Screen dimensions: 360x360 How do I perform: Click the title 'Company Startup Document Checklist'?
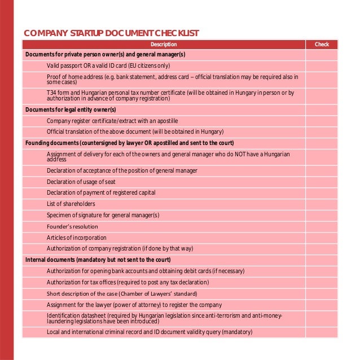pos(111,33)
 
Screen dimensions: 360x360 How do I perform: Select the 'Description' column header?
pos(164,45)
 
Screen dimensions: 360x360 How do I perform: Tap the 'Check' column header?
pos(322,45)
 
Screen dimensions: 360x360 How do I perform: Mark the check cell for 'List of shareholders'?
pos(322,204)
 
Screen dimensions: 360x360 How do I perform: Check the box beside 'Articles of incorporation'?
pos(322,238)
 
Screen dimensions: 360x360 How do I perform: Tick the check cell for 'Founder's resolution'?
pos(322,226)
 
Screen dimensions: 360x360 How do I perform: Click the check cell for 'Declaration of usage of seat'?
pos(322,182)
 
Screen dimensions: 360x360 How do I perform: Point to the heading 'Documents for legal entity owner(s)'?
pos(71,109)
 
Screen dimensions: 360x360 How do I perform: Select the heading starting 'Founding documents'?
pos(130,143)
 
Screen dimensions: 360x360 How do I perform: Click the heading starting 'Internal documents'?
pos(98,260)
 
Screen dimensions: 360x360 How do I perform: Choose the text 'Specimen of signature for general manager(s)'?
pos(103,215)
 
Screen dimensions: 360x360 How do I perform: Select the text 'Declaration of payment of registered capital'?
pos(101,192)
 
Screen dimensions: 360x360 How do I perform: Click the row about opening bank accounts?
pos(146,271)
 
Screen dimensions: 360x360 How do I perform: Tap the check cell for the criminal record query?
pos(322,332)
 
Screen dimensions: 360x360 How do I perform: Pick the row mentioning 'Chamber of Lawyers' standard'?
pos(122,293)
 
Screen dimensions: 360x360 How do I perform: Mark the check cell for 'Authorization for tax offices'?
pos(322,282)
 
